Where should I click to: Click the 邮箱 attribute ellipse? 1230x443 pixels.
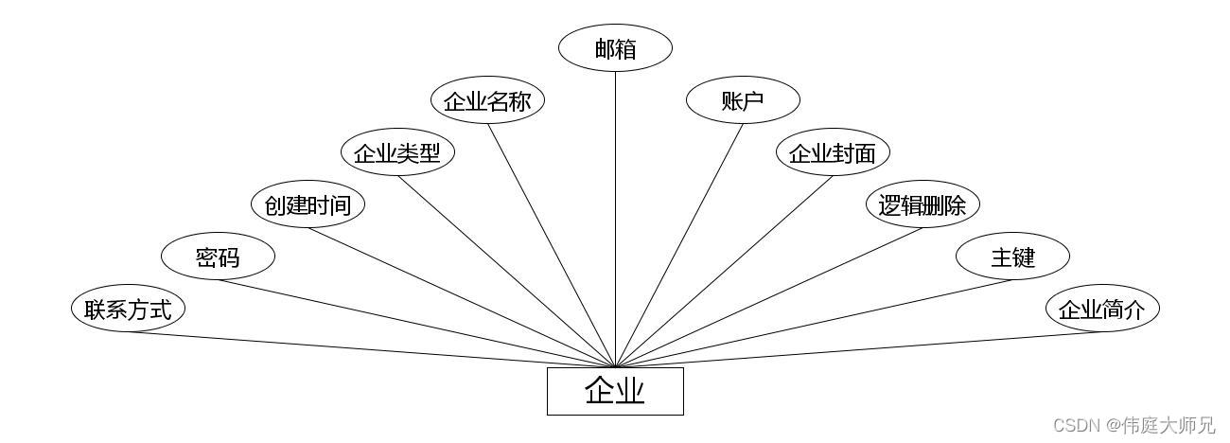coord(615,48)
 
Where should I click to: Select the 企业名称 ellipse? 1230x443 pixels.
coord(487,100)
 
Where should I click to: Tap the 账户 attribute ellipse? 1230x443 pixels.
coord(743,100)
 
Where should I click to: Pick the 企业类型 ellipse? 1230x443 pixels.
coord(397,152)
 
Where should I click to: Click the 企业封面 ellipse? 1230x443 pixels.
coord(833,152)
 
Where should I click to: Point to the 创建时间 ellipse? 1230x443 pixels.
coord(307,204)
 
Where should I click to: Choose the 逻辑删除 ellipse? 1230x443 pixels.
coord(922,204)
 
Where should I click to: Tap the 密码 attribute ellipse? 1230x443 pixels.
coord(218,257)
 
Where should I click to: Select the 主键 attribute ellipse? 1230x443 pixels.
coord(1012,257)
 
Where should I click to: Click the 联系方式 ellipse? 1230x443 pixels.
coord(128,309)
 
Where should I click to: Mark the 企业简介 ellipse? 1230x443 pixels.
coord(1102,309)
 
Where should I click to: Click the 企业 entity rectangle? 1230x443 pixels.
coord(615,391)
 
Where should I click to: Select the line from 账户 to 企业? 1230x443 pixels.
coord(679,245)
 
